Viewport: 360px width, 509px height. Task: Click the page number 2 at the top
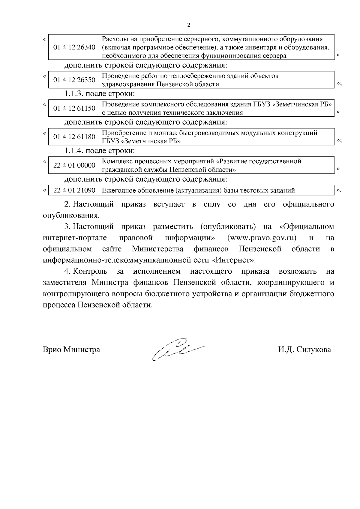point(188,25)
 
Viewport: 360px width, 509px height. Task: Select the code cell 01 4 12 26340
point(74,47)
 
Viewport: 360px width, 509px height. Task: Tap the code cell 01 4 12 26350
point(74,80)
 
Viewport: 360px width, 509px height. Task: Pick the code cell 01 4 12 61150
point(74,108)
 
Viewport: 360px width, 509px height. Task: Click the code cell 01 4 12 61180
point(74,137)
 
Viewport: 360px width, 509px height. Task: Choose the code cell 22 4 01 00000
point(74,165)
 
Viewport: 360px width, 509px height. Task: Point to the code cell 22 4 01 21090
point(74,190)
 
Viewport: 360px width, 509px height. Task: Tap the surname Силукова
point(313,350)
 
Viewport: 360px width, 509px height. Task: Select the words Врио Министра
point(71,350)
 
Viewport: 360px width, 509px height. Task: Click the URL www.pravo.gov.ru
point(262,238)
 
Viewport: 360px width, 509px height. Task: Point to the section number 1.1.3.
point(74,94)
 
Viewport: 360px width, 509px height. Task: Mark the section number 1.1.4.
point(74,151)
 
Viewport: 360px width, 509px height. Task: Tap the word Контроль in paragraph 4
point(90,271)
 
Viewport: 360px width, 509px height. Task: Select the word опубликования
point(71,216)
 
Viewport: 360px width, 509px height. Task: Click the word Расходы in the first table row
point(113,39)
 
